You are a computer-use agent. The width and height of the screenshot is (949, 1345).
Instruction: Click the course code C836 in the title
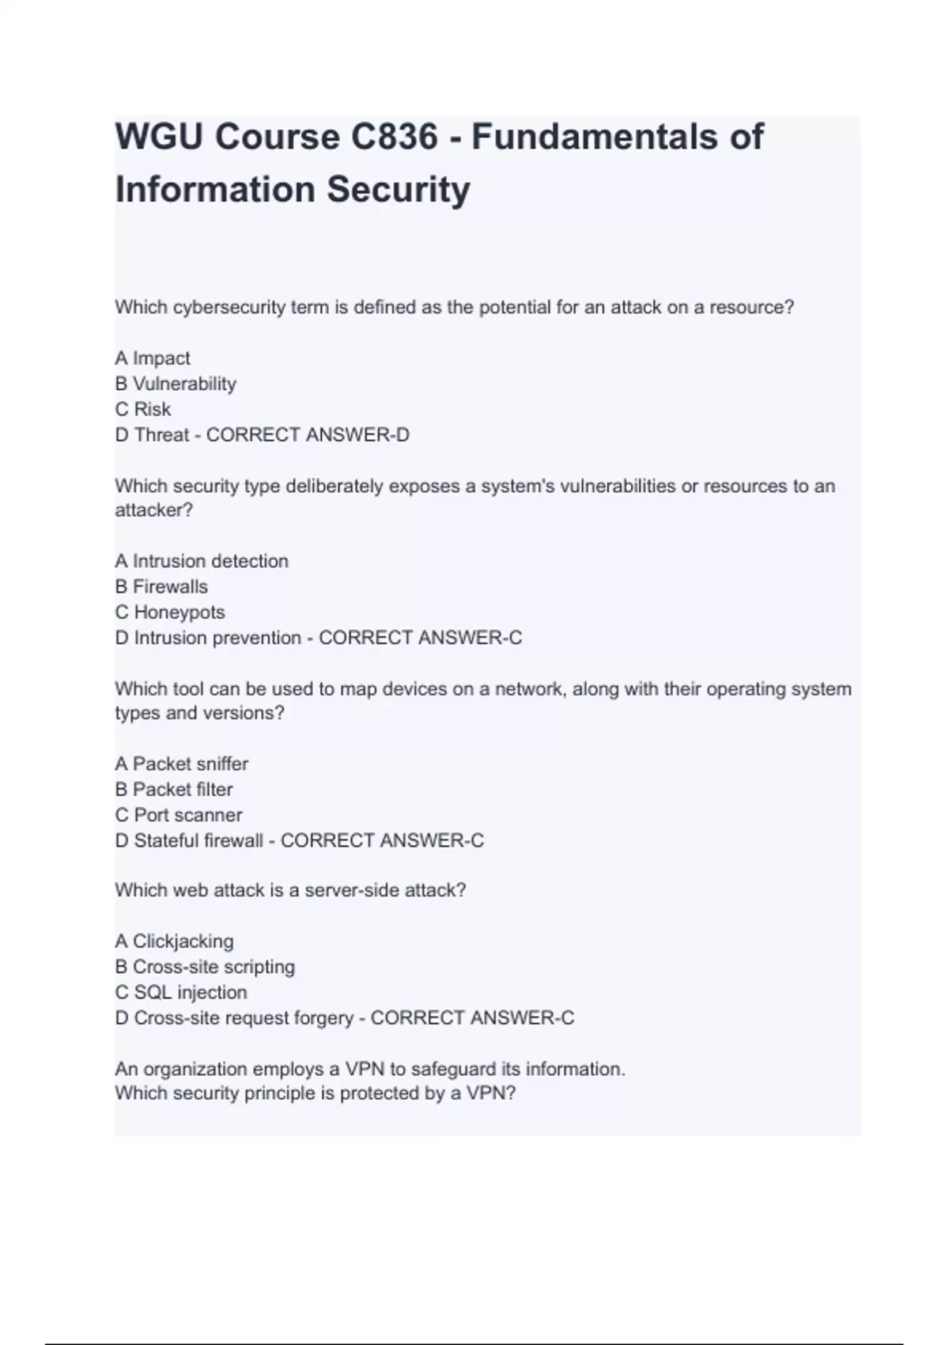[393, 137]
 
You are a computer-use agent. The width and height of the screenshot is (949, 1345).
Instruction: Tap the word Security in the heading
[399, 190]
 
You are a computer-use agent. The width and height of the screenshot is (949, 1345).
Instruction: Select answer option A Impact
[153, 358]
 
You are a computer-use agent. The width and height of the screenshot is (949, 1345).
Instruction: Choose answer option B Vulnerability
[176, 384]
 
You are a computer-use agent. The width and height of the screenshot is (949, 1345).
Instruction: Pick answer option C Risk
[143, 409]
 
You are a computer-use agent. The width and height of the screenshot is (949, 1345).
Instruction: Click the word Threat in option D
[161, 434]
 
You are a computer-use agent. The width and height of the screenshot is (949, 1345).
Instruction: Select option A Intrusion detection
[202, 561]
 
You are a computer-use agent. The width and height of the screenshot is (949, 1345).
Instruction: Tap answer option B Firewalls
[161, 586]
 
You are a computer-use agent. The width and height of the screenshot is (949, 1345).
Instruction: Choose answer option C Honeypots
[170, 612]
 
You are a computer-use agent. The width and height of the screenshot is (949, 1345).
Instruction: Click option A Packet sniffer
[182, 763]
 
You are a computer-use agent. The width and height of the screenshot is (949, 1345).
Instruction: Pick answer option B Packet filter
[174, 789]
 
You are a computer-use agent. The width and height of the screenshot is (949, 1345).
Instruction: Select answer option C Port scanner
[179, 815]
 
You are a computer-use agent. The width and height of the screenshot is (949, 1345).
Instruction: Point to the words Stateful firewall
[198, 840]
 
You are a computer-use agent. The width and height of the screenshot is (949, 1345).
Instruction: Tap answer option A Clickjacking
[175, 941]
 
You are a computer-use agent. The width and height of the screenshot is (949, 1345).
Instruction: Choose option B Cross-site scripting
[205, 967]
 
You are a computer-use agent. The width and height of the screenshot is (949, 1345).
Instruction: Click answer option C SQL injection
[181, 992]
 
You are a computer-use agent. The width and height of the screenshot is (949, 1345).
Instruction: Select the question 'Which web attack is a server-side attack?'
[290, 890]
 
